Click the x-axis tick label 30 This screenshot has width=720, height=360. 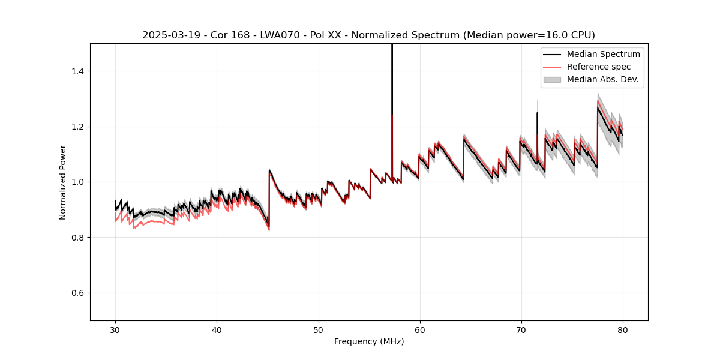(115, 329)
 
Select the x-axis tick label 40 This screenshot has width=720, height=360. (217, 329)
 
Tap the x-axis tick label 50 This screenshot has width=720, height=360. (318, 329)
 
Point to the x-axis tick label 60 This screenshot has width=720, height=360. (419, 329)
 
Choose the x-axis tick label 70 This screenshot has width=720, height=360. (521, 329)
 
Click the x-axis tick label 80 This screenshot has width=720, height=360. (622, 329)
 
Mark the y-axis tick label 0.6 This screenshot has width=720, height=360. (77, 293)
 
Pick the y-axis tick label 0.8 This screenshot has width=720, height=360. (77, 238)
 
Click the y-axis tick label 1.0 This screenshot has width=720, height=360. (77, 182)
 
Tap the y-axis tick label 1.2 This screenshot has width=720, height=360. (77, 127)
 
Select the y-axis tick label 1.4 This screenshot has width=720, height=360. (77, 71)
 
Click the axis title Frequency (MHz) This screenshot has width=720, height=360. (369, 341)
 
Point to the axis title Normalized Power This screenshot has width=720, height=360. (63, 182)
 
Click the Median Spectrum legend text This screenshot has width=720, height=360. (603, 54)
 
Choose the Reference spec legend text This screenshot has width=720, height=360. (599, 67)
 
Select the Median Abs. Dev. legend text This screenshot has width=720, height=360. (603, 79)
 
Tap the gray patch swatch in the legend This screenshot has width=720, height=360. (552, 79)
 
